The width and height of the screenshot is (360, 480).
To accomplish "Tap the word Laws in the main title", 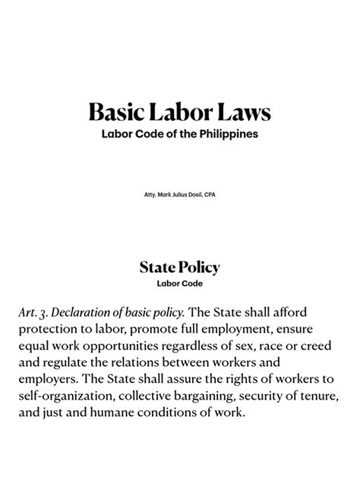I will tap(242, 114).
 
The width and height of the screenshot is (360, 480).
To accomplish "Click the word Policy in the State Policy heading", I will tap(197, 267).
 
